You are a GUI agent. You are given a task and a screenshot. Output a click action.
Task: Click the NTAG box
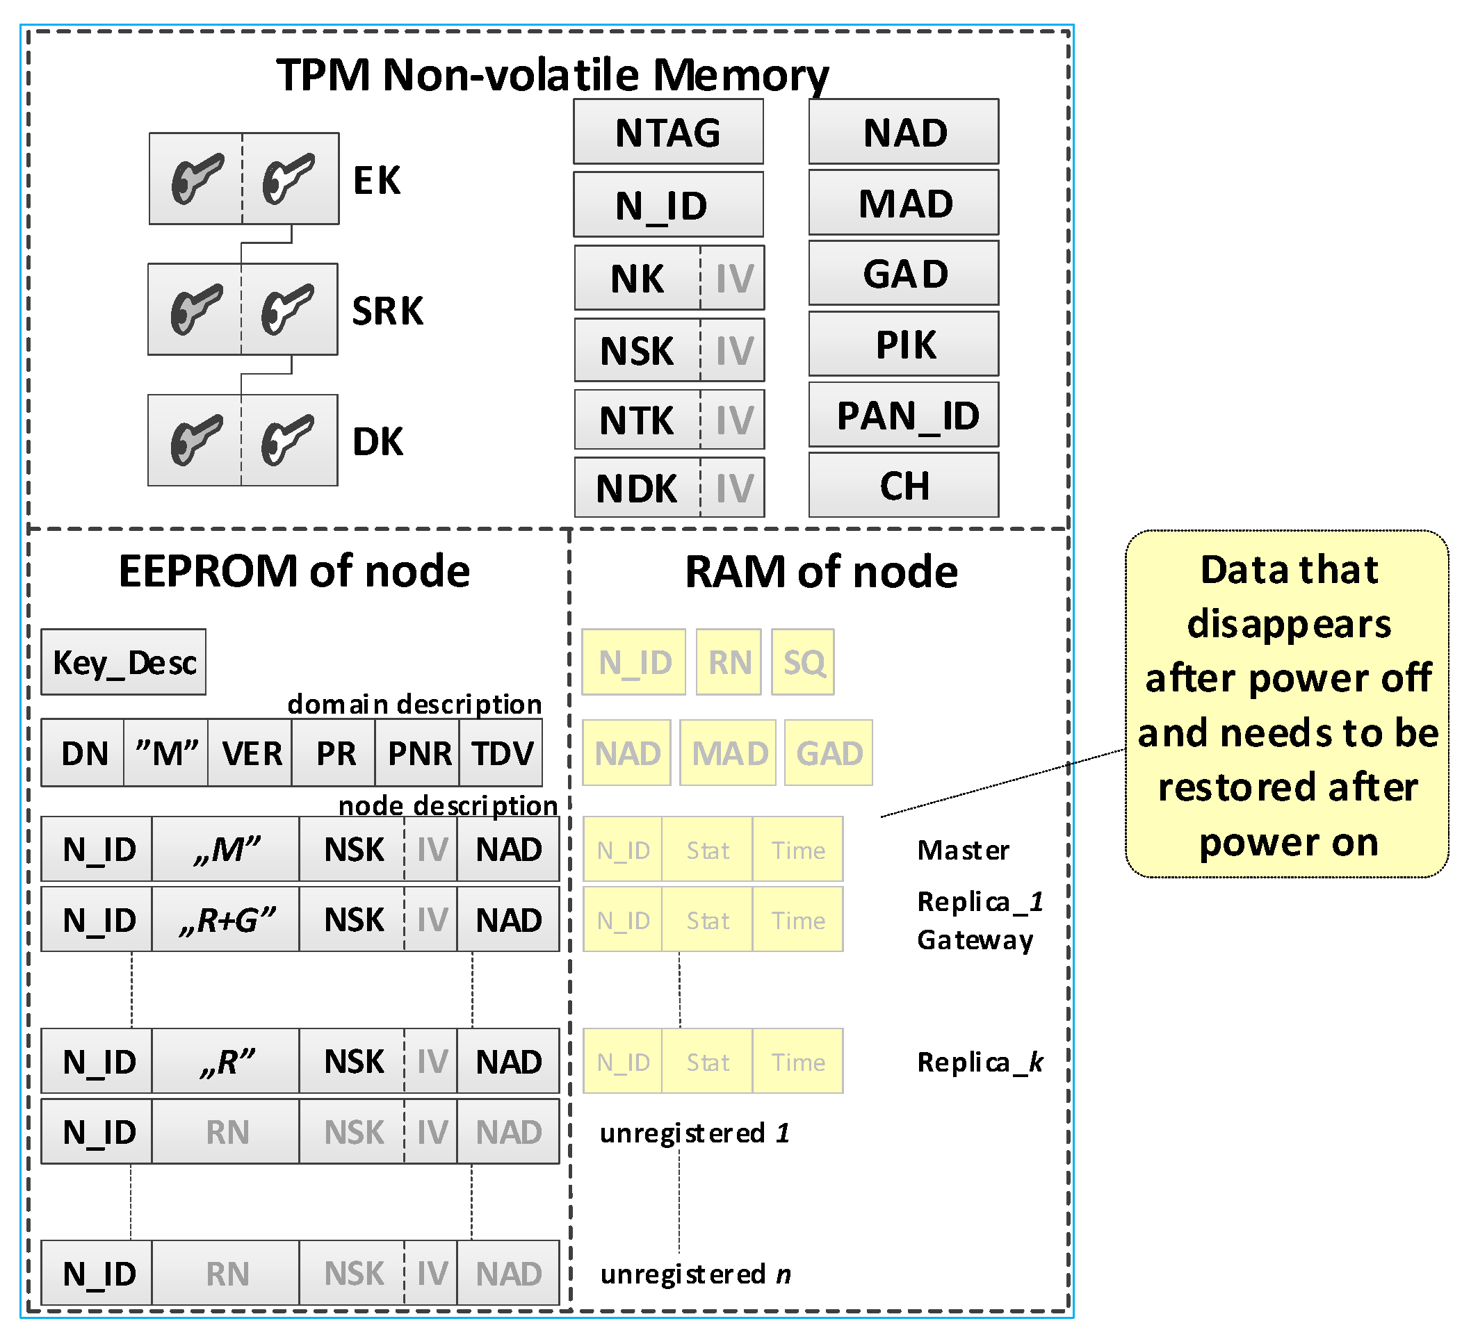[668, 132]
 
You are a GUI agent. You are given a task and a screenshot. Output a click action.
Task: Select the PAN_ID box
[904, 415]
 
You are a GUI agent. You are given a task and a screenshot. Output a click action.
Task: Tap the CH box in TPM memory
[904, 485]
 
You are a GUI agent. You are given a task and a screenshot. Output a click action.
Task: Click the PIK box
[904, 344]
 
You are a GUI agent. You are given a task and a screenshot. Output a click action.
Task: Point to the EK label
[376, 180]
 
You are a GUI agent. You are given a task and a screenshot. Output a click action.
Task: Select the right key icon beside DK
[288, 440]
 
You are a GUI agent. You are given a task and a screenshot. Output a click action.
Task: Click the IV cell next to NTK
[734, 420]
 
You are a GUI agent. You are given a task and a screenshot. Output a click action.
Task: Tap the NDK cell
[637, 488]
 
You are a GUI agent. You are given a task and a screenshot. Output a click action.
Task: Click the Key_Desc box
[124, 662]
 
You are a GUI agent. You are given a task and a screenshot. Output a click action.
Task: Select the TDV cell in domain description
[502, 753]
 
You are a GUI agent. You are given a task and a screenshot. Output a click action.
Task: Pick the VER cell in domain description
[251, 753]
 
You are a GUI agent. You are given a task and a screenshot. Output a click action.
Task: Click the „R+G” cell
[226, 919]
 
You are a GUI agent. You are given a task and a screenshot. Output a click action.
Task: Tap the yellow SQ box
[803, 662]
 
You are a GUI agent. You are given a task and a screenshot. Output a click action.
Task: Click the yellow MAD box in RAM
[728, 753]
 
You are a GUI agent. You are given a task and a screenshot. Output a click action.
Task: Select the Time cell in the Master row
[797, 850]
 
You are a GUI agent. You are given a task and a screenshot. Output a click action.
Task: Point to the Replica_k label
[979, 1062]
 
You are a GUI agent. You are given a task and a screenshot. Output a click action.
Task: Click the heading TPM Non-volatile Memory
[553, 74]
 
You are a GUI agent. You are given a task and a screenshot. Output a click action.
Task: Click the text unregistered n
[695, 1273]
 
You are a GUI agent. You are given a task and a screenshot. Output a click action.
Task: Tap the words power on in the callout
[1288, 842]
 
